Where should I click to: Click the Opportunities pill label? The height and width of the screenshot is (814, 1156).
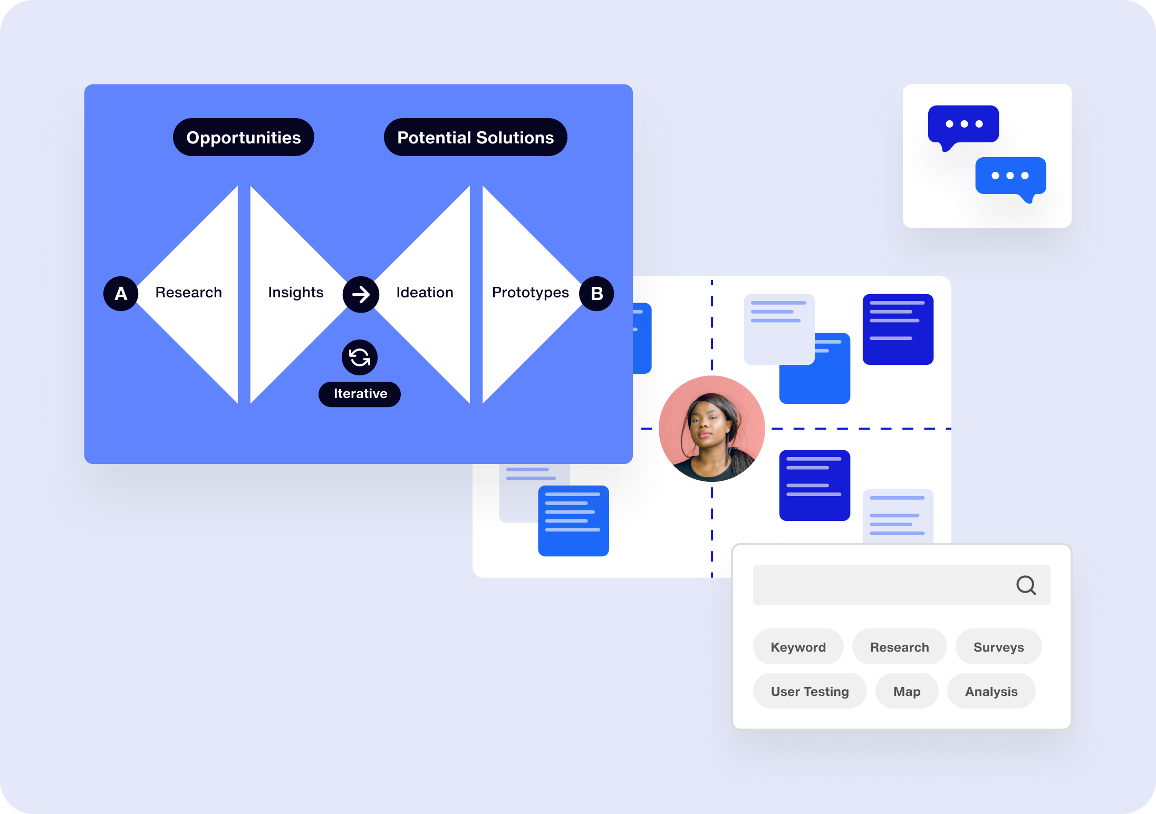[244, 138]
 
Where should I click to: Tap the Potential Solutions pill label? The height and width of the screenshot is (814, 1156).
[476, 138]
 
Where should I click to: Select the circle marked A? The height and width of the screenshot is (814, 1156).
[121, 294]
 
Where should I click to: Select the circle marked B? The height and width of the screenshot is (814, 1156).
[596, 294]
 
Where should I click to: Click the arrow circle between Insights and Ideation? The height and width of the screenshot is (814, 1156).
[361, 294]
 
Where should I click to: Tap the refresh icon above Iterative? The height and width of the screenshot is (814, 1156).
[360, 357]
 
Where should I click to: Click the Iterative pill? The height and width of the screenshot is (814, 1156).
[360, 394]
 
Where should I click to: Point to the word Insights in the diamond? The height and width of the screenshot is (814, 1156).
[295, 293]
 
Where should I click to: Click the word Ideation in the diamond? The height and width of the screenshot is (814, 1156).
[425, 293]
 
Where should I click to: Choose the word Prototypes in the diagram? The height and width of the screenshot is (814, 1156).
[530, 293]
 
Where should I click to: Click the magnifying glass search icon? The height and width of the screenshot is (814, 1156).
[1026, 585]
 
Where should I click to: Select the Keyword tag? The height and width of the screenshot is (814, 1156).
[798, 647]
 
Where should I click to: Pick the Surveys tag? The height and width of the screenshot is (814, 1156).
[998, 647]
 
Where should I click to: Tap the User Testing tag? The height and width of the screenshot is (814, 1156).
[810, 691]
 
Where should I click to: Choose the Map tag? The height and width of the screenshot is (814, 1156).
[907, 691]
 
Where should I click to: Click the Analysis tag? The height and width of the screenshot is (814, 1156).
[991, 691]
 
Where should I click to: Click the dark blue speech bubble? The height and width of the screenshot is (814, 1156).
[963, 125]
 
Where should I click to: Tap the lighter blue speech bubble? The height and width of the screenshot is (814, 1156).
[1010, 176]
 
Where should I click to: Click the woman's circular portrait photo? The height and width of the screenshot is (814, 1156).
[711, 429]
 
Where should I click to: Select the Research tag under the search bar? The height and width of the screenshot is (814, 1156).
[899, 647]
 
